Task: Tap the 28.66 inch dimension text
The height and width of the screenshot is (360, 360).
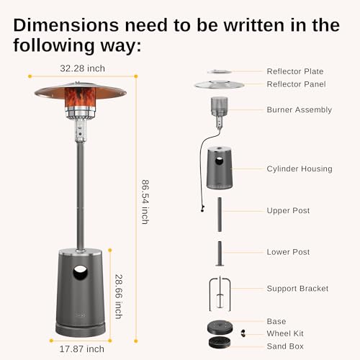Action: pos(119,295)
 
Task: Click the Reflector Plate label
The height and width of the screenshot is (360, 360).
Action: pos(294,71)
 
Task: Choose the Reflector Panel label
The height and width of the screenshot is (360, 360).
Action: pos(295,84)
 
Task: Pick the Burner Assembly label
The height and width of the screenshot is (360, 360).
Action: pos(299,110)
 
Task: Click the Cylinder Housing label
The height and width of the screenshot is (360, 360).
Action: pos(300,169)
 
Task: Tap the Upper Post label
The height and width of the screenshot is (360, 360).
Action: pos(288,211)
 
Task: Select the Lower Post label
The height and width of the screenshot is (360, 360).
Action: pos(288,252)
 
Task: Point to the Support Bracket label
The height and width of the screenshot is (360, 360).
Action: pos(297,289)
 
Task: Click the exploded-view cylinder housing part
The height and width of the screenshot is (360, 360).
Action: pos(220,169)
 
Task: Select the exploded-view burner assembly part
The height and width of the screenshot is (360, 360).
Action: pos(220,109)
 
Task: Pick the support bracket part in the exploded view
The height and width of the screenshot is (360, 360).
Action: pos(220,289)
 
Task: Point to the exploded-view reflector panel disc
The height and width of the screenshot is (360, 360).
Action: pos(220,84)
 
